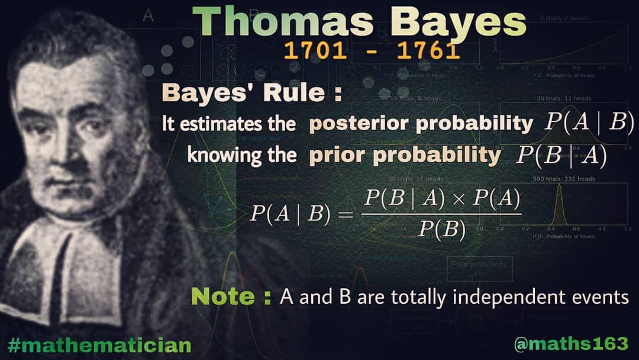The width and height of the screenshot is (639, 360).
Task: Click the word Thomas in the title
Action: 286,24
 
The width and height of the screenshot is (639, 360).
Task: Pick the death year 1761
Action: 428,52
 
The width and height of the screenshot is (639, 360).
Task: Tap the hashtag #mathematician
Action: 99,344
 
